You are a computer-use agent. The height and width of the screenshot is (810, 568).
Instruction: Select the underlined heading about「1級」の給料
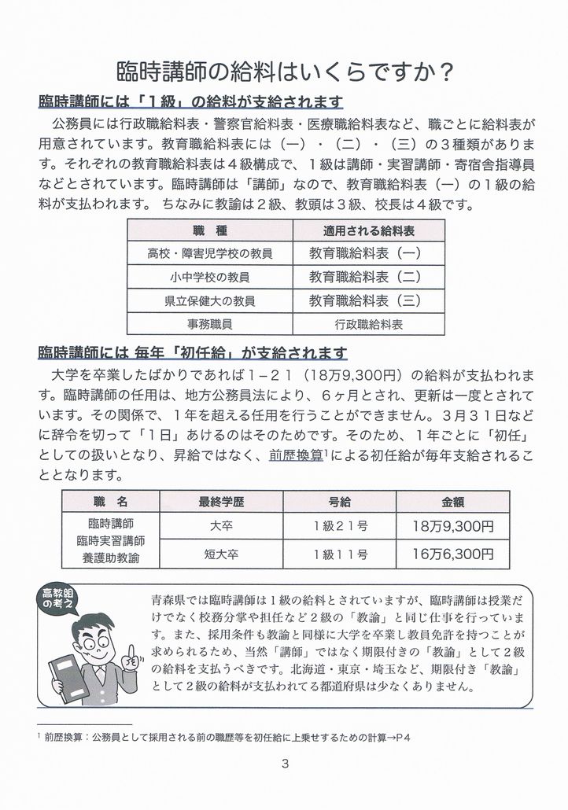click(190, 104)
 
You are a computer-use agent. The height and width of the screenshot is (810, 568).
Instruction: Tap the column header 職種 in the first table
click(208, 231)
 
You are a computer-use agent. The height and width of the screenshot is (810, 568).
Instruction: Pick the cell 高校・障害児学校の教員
click(208, 254)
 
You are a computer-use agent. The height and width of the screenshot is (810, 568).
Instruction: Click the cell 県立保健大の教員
click(208, 300)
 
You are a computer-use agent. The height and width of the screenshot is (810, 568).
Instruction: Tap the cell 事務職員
click(208, 324)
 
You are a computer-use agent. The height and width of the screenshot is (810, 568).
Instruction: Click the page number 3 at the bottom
click(284, 763)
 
